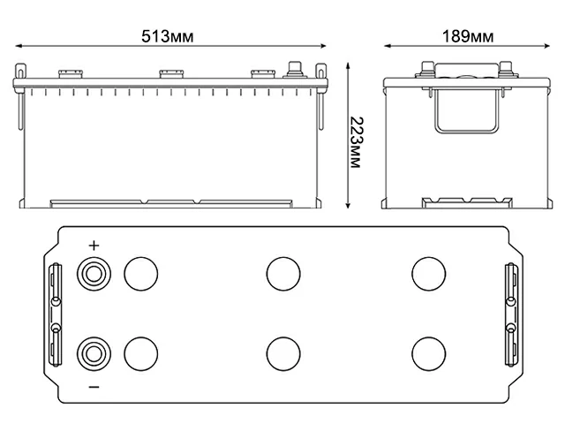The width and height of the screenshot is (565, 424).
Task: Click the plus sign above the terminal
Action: point(94,246)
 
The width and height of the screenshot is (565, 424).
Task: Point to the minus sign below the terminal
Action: point(94,388)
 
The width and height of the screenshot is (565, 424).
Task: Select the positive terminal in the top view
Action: point(94,272)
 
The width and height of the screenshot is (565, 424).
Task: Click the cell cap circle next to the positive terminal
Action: point(139,273)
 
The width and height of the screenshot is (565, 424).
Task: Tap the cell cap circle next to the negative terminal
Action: point(139,353)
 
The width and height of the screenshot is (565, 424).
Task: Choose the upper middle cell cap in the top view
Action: point(282,273)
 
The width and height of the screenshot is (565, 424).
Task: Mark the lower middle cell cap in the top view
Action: point(282,353)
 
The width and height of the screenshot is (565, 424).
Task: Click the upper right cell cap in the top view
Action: point(427,273)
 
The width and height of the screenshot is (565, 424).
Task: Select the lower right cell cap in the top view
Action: point(427,353)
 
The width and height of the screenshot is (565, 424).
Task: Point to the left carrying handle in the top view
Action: point(56,314)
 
